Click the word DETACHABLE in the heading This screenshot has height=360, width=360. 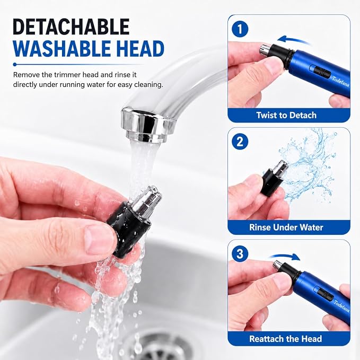(72, 27)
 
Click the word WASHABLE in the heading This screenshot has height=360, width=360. (55, 49)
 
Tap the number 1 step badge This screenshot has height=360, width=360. (240, 30)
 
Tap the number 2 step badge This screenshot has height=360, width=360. (240, 142)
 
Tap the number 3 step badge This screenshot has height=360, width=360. (240, 254)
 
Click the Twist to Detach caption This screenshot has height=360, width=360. (286, 115)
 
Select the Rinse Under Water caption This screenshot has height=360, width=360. (286, 227)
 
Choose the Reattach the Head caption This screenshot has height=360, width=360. (286, 339)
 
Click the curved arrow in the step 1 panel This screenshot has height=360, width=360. (294, 39)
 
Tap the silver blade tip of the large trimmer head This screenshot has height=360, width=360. (147, 200)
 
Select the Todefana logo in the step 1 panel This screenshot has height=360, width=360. (340, 82)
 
